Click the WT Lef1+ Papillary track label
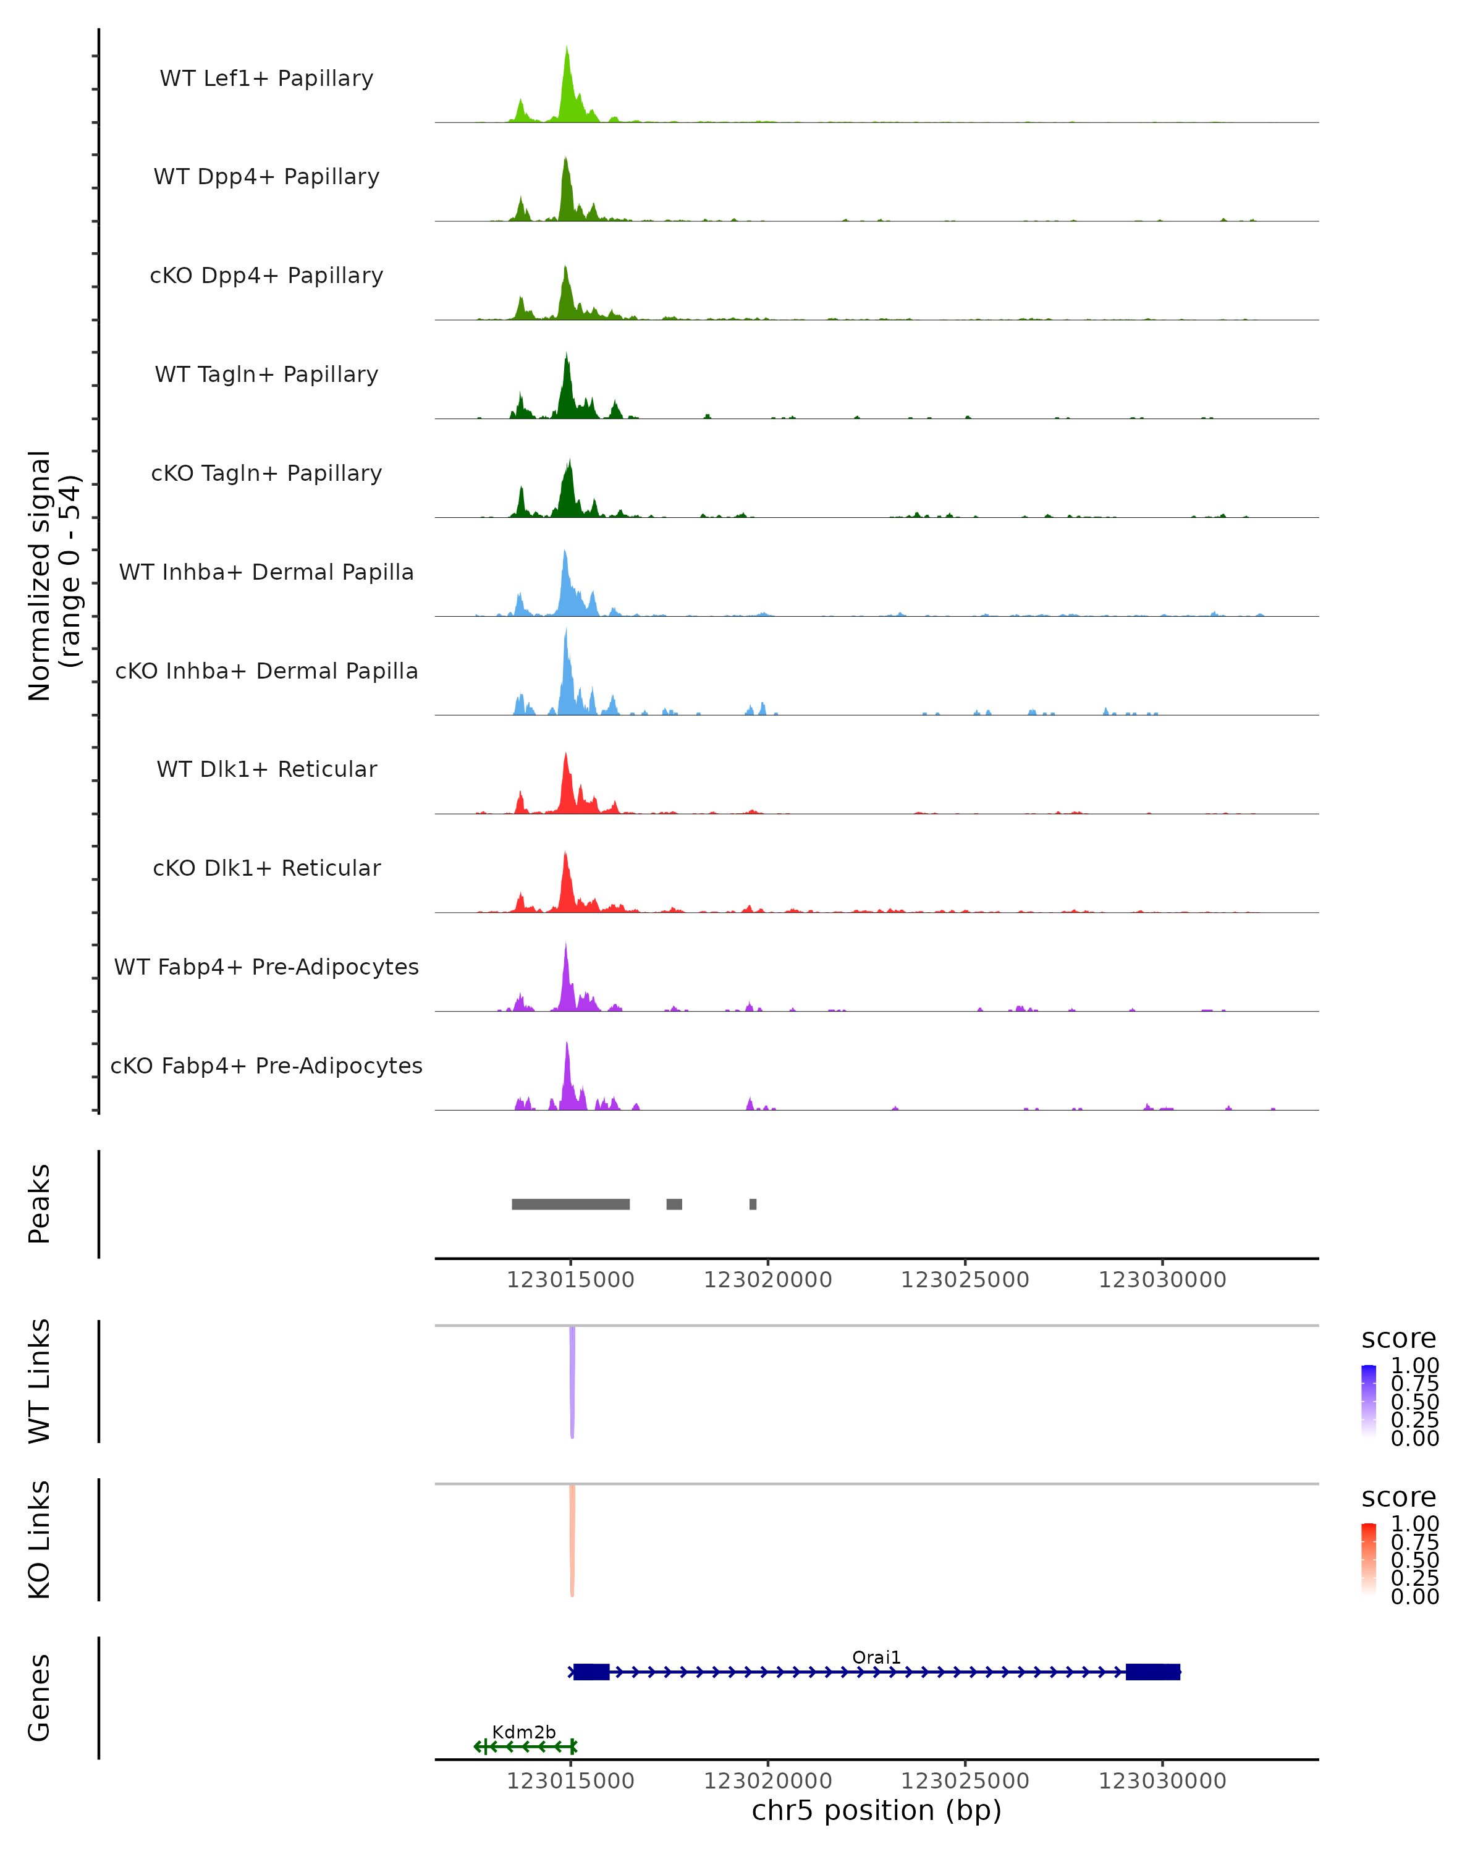coord(266,78)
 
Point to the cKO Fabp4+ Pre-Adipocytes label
coord(266,1065)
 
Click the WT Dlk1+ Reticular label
coord(266,769)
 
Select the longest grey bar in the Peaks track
coord(571,1204)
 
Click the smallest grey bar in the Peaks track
coord(753,1204)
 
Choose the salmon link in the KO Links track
coord(572,1539)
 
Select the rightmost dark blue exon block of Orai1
coord(1153,1672)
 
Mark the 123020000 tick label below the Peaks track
coord(767,1280)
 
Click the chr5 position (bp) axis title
coord(876,1810)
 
